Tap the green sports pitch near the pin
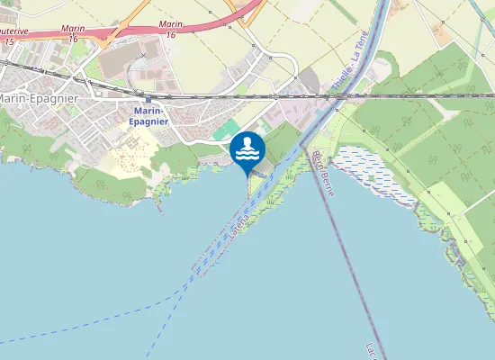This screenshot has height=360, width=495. pos(232,129)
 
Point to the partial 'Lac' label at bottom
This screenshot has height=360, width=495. pos(373,349)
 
